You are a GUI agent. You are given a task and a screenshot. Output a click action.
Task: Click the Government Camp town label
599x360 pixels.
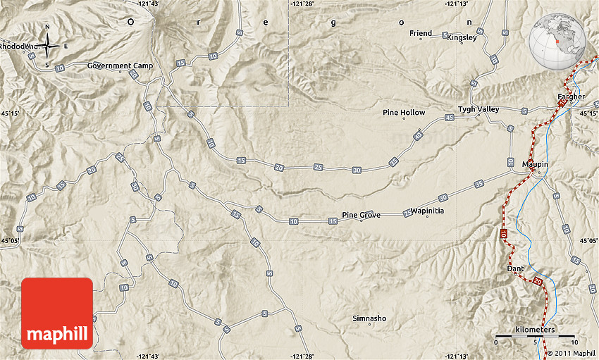click(x=109, y=66)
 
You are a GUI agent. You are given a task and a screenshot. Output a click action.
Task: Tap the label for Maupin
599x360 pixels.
click(x=535, y=164)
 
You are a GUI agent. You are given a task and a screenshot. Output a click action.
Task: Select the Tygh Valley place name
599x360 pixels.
click(x=478, y=109)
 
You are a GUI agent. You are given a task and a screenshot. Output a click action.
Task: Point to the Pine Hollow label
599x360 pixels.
click(x=404, y=112)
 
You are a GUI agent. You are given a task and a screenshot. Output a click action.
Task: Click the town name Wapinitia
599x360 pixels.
click(x=427, y=211)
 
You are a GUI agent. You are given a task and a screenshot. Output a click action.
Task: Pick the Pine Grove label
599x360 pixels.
click(x=361, y=215)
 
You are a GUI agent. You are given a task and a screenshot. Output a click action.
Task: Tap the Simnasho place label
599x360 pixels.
click(x=369, y=318)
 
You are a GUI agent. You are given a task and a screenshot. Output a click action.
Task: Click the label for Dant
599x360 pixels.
click(x=515, y=268)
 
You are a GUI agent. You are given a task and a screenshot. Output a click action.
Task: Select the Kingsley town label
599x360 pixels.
click(x=462, y=38)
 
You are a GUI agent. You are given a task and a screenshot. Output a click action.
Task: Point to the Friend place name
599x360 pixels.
click(x=421, y=33)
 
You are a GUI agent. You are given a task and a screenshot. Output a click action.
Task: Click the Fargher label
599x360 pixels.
click(x=571, y=97)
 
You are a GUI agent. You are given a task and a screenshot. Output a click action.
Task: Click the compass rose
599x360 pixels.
click(x=47, y=46)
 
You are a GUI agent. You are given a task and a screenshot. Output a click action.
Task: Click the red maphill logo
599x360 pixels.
click(x=57, y=313)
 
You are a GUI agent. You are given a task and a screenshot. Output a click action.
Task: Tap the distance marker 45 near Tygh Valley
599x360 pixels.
click(x=450, y=117)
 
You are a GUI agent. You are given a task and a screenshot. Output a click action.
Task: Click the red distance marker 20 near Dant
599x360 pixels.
click(x=538, y=282)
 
